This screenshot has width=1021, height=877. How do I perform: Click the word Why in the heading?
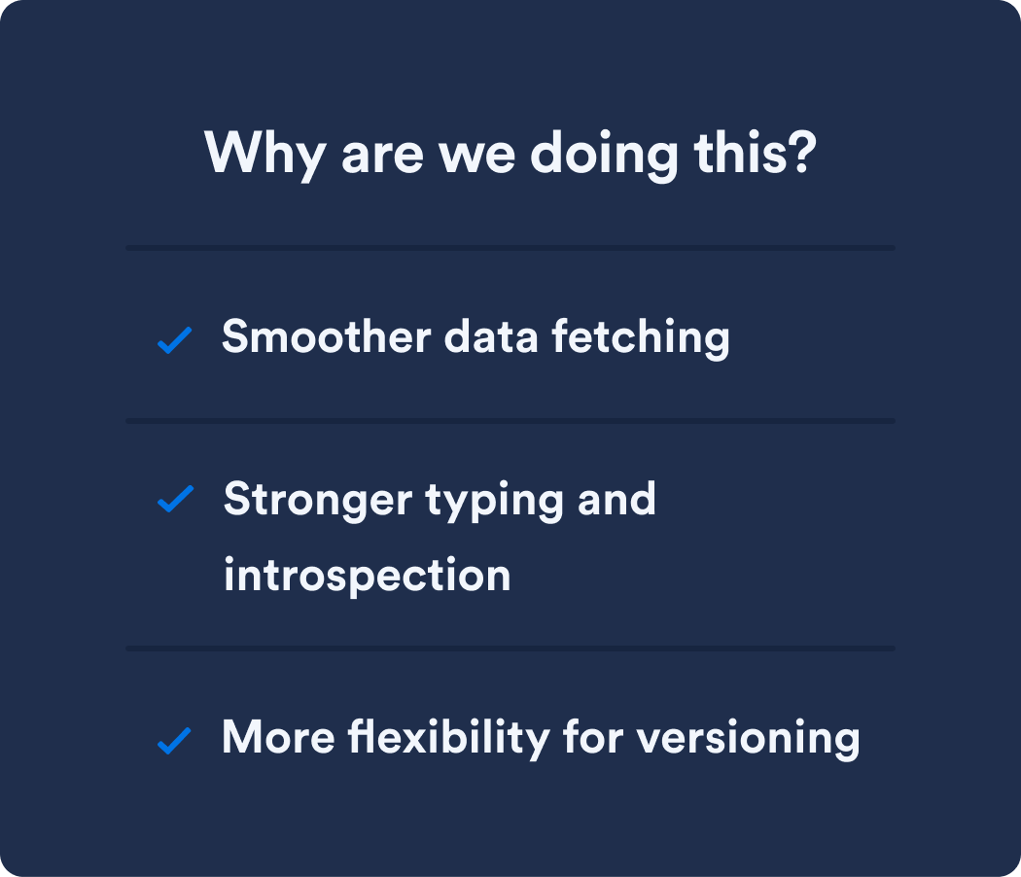point(265,155)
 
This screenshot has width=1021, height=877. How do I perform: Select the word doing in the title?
point(604,156)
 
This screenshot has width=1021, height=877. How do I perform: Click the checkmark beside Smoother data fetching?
point(174,340)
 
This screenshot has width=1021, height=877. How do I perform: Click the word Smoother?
point(326,336)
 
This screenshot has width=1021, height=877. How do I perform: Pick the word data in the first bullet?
point(491,336)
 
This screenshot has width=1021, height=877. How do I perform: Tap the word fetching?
point(641,338)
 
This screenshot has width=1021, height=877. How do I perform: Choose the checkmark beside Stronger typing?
point(176,499)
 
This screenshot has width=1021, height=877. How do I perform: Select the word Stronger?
point(318,500)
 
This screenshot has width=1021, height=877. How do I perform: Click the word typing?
point(494,502)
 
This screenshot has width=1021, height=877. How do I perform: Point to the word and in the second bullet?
point(616,499)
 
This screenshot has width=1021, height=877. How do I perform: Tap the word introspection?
point(368,576)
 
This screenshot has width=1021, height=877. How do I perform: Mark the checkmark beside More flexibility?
point(174,740)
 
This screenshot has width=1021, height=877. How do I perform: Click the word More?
point(278,737)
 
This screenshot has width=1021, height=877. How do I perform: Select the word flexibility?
point(448,738)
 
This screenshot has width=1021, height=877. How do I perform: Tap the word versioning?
point(748,739)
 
